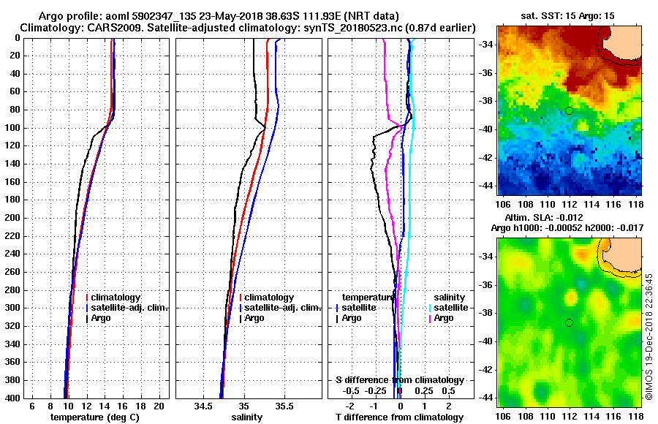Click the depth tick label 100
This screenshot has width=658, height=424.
(12, 128)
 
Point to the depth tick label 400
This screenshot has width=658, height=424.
(12, 398)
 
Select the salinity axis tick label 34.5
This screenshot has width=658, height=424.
(203, 406)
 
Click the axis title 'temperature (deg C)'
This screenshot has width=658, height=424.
(94, 417)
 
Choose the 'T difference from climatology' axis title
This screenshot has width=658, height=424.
(399, 417)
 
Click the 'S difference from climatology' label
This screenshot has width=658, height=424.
(399, 380)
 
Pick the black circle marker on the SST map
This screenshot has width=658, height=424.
(569, 110)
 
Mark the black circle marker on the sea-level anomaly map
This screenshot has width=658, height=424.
(569, 322)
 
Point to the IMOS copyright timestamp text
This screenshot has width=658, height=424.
(648, 336)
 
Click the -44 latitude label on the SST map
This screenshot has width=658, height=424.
(484, 186)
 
